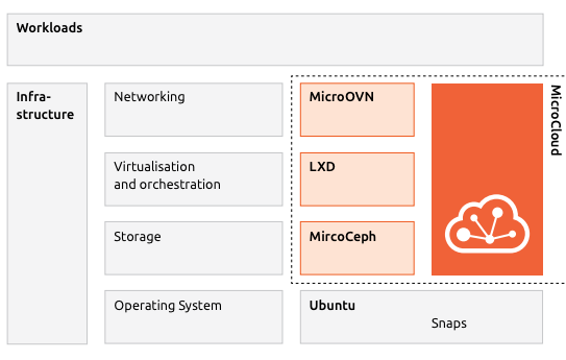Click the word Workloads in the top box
(49, 28)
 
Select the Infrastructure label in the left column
(44, 106)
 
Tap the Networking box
(194, 109)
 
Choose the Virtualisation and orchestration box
(194, 178)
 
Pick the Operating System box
(194, 316)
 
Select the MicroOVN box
(357, 109)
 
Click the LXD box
(357, 178)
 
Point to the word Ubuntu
(332, 305)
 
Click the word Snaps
(448, 324)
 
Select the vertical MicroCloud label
(555, 120)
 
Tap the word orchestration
(180, 185)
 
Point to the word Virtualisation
(154, 167)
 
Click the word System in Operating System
(200, 306)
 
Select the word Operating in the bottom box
(143, 306)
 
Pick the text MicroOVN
(341, 97)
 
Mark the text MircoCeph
(343, 237)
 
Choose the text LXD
(322, 167)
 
